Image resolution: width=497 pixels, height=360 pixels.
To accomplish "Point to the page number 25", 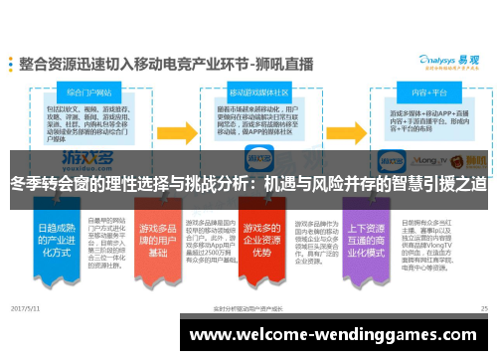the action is (483, 309).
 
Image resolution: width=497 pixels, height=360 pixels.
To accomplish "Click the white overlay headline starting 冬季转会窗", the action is (248, 185).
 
